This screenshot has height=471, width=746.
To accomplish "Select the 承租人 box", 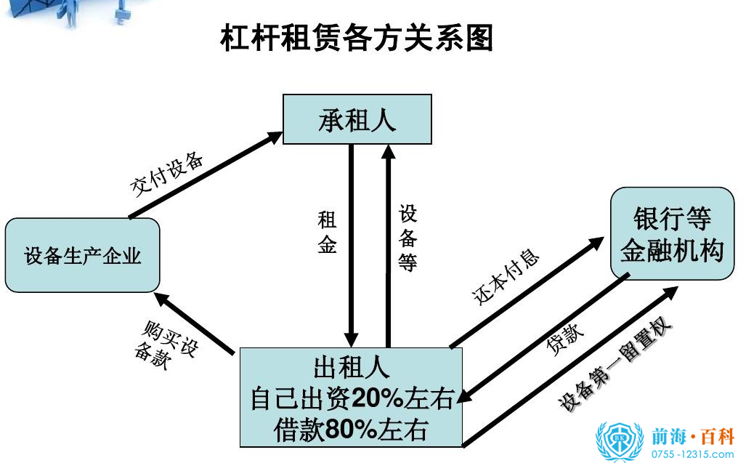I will pos(357,119).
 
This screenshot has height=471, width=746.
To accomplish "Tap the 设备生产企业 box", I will pos(82,255).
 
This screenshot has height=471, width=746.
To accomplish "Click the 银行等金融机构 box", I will pos(671,233).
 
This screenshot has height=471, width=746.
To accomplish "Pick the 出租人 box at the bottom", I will pos(351,397).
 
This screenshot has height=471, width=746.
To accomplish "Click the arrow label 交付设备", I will pos(167,174).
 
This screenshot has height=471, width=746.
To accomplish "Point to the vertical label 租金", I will pos(327,233).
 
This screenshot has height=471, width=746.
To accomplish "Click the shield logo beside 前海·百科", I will pos(619,441).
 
